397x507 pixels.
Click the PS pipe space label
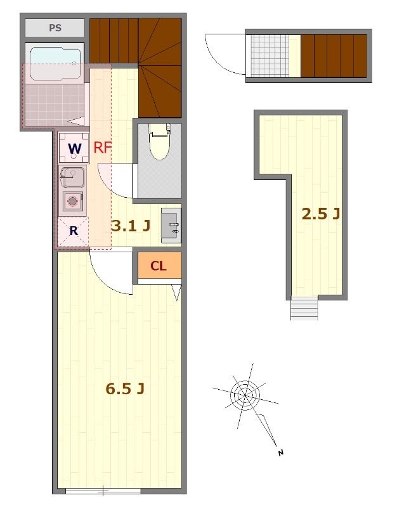coord(55,28)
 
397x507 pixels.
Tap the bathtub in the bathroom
coord(55,63)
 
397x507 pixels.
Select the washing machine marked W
coord(74,148)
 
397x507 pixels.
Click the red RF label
coord(103,148)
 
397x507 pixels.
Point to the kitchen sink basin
coord(72,177)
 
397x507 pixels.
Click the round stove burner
coord(72,202)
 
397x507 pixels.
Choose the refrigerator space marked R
coord(73,231)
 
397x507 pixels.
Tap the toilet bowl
coord(160,141)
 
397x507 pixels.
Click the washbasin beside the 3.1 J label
coord(171,226)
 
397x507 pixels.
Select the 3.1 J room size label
coord(131,226)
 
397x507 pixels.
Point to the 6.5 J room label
coord(125,388)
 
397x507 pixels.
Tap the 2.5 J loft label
coord(321,214)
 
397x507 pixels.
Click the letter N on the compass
coord(280,452)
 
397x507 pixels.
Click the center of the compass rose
coord(245,395)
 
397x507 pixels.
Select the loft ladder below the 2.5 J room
coord(304,308)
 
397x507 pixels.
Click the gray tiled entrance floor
coord(270,56)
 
